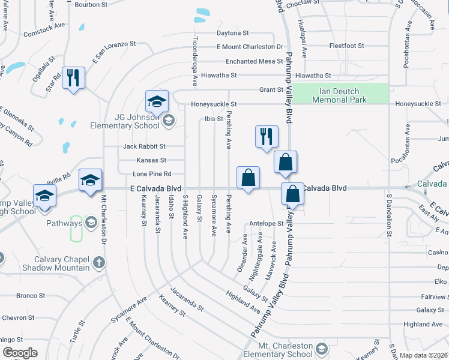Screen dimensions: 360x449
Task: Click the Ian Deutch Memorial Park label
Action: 339,95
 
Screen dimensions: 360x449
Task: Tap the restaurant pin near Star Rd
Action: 73,77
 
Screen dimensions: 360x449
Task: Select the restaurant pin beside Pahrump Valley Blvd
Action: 267,136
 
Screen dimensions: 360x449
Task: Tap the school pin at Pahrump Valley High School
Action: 44,196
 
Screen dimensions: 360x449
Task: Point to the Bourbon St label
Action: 91,4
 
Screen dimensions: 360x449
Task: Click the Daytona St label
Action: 233,33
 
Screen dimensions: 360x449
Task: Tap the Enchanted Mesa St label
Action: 254,61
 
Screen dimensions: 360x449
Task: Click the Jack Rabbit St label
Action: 144,146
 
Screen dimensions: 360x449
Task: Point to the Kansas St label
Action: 151,160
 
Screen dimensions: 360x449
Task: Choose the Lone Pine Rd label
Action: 152,174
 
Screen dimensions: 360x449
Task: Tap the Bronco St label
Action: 31,295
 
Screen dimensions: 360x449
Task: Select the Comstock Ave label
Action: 44,31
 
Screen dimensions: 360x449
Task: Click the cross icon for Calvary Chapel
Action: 99,262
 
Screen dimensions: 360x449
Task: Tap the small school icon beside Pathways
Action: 91,223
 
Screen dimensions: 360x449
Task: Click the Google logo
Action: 20,353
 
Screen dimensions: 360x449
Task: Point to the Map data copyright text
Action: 423,355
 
